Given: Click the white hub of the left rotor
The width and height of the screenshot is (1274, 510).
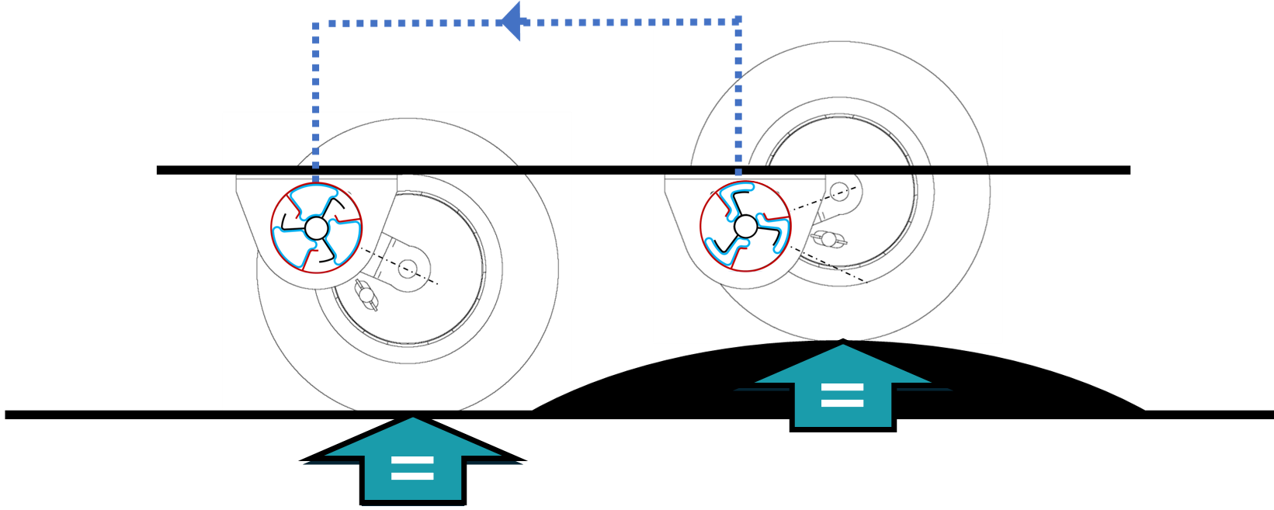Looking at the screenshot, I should click(316, 228).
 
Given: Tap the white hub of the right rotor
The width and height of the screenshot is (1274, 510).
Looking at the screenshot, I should click(745, 227).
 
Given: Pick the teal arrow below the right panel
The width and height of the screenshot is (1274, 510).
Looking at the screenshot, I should click(842, 388).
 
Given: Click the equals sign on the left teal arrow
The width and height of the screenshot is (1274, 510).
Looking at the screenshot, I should click(412, 468).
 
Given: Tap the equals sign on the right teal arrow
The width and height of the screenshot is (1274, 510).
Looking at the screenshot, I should click(842, 394).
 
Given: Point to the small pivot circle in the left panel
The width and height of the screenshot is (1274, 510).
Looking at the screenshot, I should click(408, 269).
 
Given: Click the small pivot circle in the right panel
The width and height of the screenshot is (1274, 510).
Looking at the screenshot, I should click(839, 191).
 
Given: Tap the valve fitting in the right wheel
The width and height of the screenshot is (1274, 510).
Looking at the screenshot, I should click(828, 239).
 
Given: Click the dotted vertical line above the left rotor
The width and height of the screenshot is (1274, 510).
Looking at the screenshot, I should click(316, 101).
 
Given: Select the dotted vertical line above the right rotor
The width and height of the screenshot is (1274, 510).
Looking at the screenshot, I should click(738, 93).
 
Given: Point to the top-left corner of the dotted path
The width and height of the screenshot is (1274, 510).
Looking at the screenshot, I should click(316, 24).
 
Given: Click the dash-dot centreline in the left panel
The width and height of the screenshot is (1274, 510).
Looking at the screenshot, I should click(423, 277).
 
